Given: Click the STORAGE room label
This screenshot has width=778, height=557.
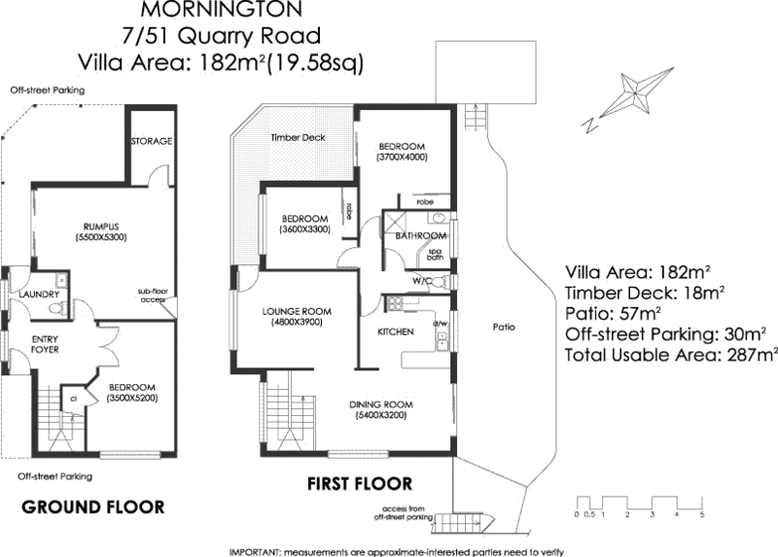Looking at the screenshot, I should coord(151,141).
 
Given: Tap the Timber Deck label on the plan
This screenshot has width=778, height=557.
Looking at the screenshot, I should coord(297,138).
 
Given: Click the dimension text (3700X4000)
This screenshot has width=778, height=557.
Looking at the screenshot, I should coord(403,157).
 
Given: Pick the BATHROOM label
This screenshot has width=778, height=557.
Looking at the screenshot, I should coord(420,236).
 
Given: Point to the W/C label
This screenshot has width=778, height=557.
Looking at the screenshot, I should coord(422,281).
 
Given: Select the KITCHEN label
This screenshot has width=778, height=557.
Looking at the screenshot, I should coord(396,332).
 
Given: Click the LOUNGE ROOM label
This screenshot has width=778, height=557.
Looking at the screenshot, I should coord(297,312).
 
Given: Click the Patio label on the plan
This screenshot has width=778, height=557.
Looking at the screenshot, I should coord(502,327).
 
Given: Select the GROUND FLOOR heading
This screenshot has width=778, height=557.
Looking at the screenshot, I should coord(92,506).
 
